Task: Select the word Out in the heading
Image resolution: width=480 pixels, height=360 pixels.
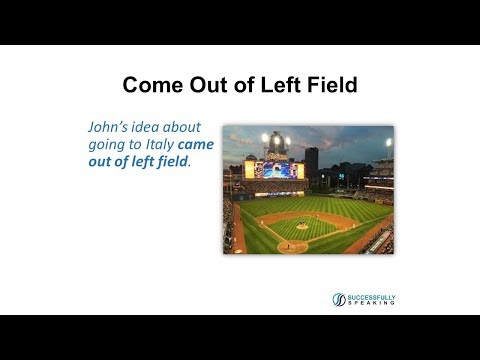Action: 203,87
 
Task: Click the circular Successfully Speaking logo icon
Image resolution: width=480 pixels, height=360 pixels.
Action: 339,298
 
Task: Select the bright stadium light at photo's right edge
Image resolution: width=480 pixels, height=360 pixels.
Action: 388,143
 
